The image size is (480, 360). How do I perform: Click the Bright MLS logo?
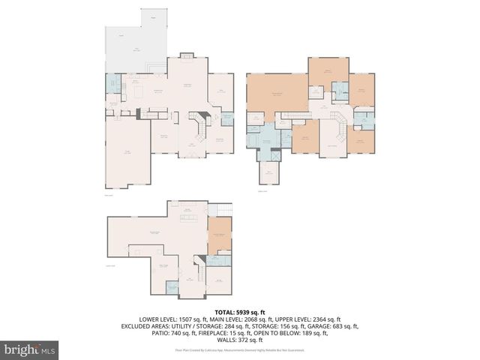click(29, 349)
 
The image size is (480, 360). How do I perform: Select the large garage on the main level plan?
click(127, 154)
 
